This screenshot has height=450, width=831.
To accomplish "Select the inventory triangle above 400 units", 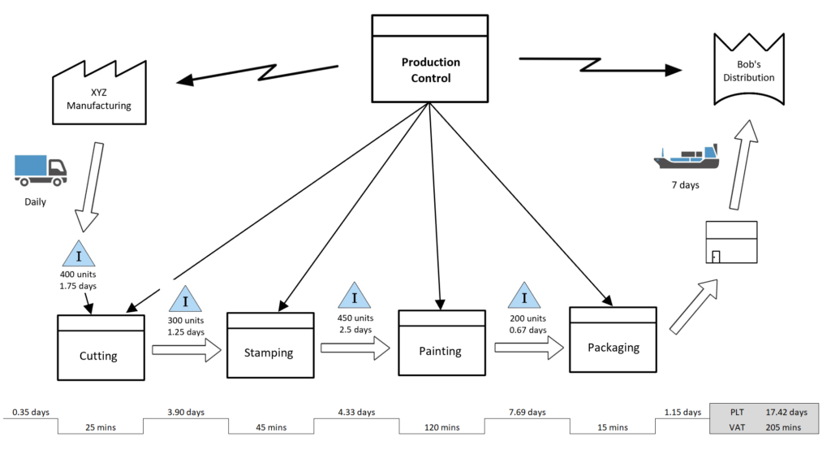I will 79,254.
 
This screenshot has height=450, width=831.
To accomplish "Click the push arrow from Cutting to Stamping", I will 187,350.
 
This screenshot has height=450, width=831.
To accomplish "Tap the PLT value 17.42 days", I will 786,412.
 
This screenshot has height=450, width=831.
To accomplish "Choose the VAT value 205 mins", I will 783,427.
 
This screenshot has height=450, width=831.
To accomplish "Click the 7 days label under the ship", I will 684,185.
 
